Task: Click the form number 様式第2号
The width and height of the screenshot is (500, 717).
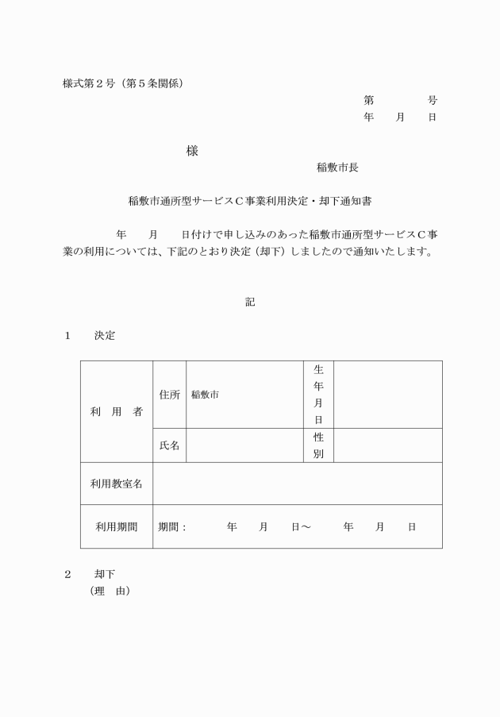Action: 89,83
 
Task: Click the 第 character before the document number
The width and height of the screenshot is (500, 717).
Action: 368,100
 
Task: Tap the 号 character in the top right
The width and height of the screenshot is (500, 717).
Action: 432,100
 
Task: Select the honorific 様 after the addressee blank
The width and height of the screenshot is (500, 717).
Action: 192,151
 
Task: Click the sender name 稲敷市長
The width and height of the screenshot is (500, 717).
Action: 337,168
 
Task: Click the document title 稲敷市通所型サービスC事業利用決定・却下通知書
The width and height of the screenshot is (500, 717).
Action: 250,202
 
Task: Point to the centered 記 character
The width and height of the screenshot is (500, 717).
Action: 250,302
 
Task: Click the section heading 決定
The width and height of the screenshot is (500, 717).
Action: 105,336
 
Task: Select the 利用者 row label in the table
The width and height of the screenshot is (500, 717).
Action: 116,411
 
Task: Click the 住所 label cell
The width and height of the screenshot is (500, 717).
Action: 169,395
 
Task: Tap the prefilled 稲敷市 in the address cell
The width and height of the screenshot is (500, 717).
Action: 205,395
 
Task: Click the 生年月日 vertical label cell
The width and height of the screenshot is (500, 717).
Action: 318,395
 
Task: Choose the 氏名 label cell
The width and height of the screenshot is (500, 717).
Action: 169,445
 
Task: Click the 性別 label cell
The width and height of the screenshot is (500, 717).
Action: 318,445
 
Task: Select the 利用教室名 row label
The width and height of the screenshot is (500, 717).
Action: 116,484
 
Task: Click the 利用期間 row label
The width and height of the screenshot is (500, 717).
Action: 116,526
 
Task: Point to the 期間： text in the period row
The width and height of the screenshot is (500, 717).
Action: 172,526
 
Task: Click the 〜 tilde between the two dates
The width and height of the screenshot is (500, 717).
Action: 306,526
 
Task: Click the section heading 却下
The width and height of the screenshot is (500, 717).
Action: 105,574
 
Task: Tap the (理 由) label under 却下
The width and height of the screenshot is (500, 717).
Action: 110,592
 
